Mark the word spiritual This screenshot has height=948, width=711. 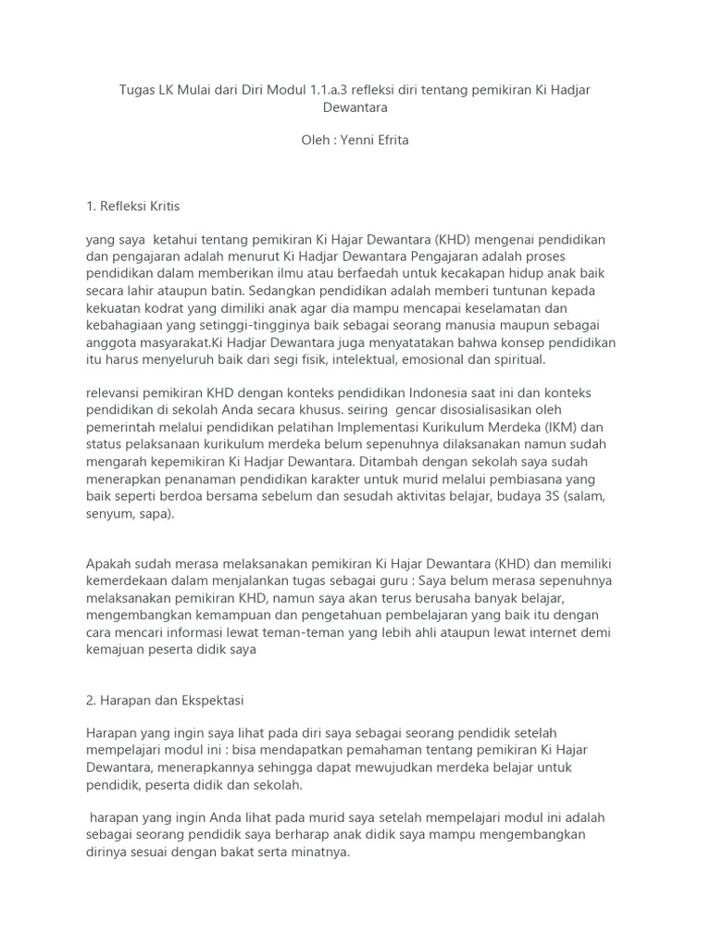pos(518,358)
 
